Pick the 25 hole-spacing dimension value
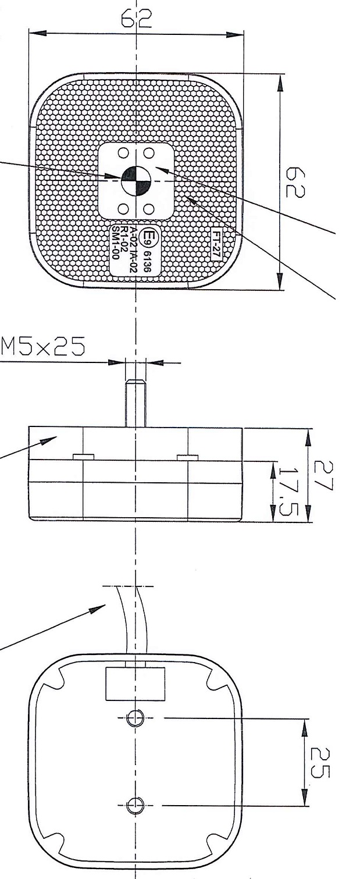[320, 761]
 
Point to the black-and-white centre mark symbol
[136, 181]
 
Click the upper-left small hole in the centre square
[123, 153]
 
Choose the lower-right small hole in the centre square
[148, 208]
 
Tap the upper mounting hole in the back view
[135, 718]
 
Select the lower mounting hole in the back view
[135, 805]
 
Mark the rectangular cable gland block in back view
[135, 684]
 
